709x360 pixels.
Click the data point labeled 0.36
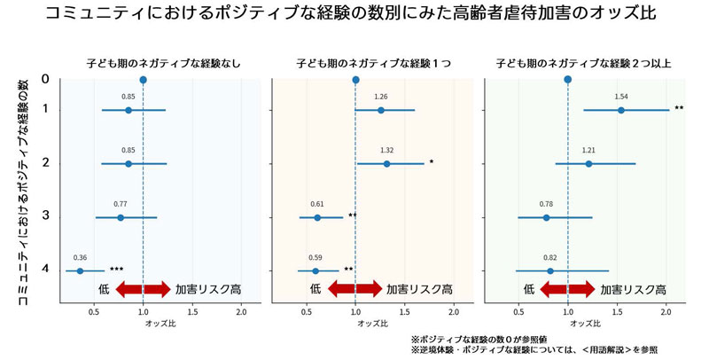(x=80, y=270)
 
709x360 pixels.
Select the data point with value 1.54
(x=621, y=110)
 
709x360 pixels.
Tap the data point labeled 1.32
(x=386, y=164)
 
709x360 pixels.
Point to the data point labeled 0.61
(x=317, y=217)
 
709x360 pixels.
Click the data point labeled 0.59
(x=315, y=270)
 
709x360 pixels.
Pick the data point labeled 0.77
(x=121, y=217)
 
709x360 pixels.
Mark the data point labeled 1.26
(x=381, y=110)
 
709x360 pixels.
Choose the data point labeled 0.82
(x=550, y=270)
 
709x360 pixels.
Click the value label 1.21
(x=588, y=151)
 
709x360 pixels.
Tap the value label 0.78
(x=546, y=204)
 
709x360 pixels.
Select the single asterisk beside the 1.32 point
(x=431, y=162)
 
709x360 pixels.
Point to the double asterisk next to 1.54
(x=679, y=109)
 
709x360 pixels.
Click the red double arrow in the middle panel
(x=354, y=289)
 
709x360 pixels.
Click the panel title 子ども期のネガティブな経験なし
(x=164, y=64)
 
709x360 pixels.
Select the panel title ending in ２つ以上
(x=584, y=64)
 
